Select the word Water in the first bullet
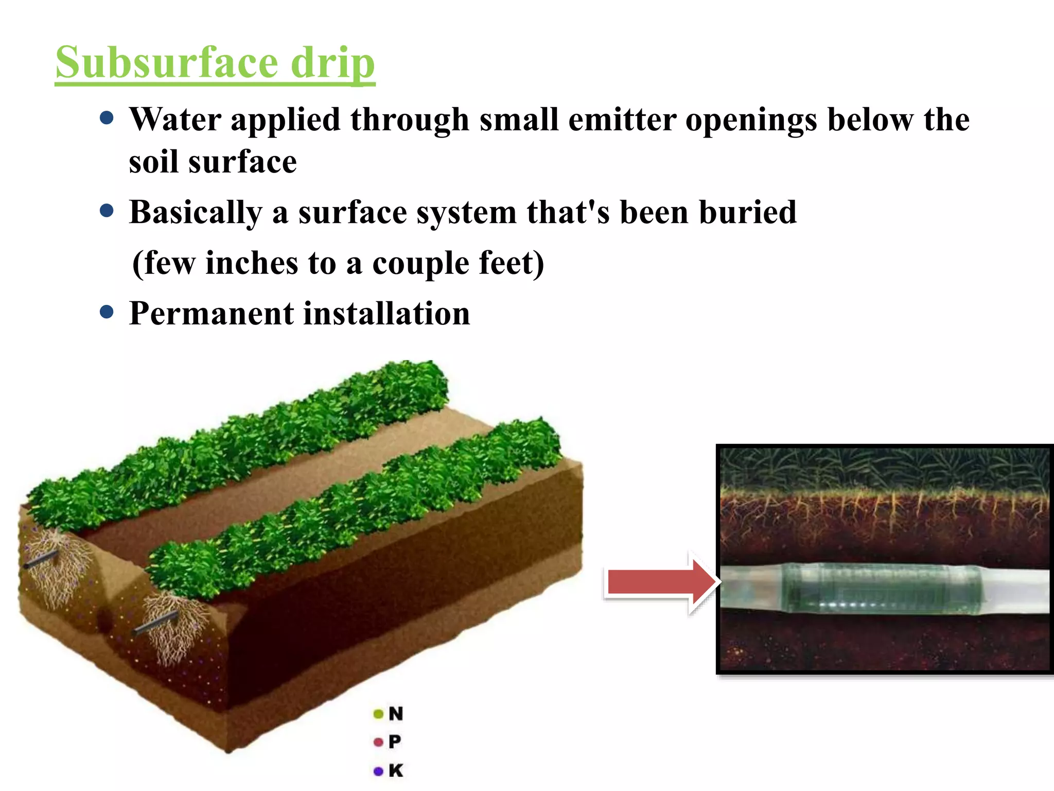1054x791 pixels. (x=175, y=120)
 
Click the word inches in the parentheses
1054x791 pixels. (x=252, y=263)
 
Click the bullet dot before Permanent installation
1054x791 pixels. (x=107, y=312)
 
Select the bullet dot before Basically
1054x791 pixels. (x=107, y=211)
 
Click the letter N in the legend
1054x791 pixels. (x=396, y=714)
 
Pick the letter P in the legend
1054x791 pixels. (x=395, y=742)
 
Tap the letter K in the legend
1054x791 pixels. (x=396, y=771)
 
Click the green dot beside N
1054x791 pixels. (x=378, y=714)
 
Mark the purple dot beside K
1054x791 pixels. (x=378, y=771)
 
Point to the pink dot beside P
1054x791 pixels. (x=378, y=743)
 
